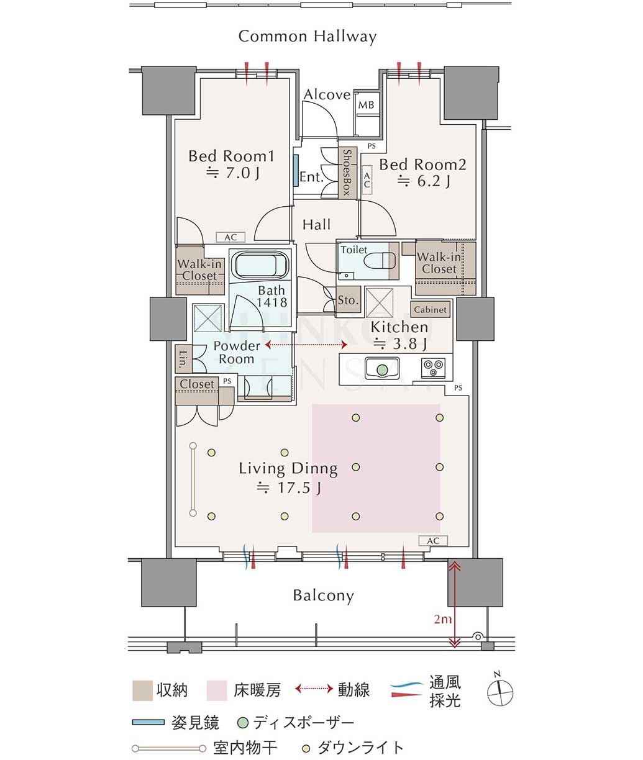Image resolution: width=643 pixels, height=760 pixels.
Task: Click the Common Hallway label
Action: [307, 37]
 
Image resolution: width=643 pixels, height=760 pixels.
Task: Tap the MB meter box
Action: [366, 105]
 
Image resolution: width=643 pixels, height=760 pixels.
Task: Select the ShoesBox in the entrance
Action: [347, 172]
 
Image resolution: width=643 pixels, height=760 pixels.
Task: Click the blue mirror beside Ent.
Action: [295, 170]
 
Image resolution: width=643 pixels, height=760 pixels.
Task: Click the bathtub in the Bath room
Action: [261, 265]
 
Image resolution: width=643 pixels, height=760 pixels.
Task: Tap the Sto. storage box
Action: [349, 300]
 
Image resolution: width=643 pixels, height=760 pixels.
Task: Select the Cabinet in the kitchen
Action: [430, 310]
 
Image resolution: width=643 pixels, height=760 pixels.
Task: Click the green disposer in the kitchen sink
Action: [382, 369]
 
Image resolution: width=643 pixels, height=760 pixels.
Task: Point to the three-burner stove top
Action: [434, 368]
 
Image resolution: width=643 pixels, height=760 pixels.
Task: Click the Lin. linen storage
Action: [183, 360]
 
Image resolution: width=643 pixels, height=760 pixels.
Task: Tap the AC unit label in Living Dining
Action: [433, 541]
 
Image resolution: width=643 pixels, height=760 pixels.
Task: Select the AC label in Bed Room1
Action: [230, 237]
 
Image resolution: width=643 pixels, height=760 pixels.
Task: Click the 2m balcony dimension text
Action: [442, 619]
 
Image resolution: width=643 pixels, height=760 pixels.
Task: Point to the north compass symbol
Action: [499, 693]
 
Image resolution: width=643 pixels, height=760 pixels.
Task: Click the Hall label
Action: [316, 224]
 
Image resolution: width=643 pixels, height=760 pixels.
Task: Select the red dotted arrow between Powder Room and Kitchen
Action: [306, 345]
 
